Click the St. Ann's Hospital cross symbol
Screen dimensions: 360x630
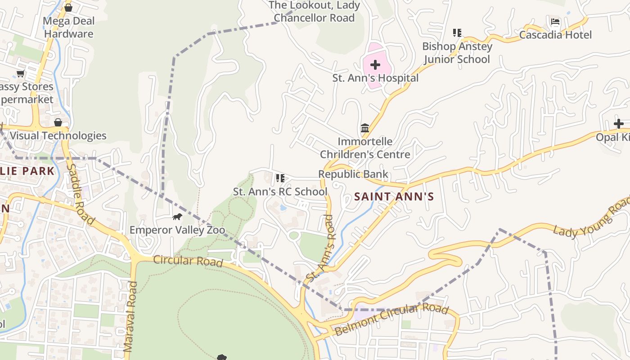(375, 65)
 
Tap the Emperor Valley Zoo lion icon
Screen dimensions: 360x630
(177, 217)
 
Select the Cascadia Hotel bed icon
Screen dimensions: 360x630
(555, 22)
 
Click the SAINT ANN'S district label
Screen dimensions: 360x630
(394, 197)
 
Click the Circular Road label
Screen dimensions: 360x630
(188, 261)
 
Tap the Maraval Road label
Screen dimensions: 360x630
(130, 316)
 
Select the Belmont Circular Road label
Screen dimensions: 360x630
(391, 319)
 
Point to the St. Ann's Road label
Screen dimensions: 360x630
(320, 248)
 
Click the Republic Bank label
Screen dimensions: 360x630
(353, 174)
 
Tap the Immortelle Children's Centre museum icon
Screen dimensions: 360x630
(365, 128)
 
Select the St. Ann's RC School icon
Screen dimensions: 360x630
(280, 178)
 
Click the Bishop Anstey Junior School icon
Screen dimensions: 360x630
(457, 32)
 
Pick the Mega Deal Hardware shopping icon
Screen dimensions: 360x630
(68, 8)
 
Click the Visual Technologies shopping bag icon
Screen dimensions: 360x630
(58, 122)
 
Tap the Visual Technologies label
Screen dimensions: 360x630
(58, 135)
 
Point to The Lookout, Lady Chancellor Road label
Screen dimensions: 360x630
(314, 12)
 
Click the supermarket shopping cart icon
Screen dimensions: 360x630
(20, 73)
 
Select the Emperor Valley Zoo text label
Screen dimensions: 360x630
(177, 230)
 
